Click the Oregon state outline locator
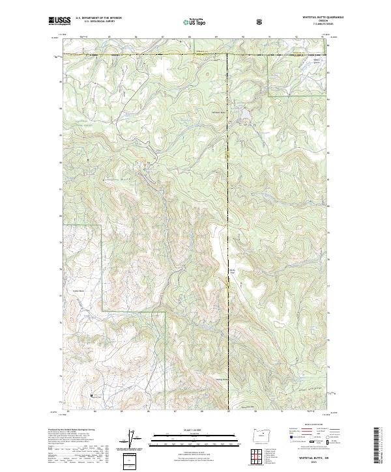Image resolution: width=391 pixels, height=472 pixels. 259,435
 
